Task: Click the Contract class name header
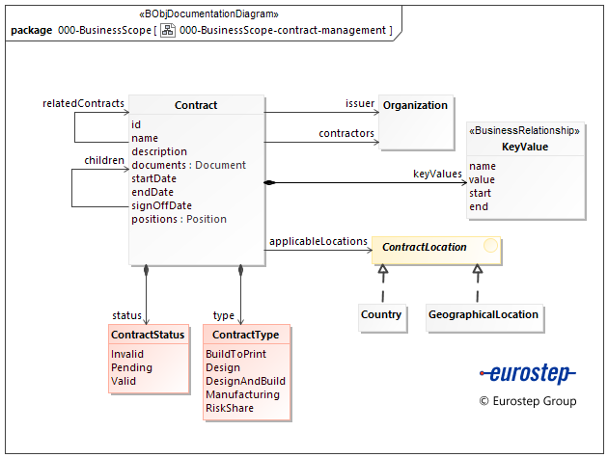tap(196, 105)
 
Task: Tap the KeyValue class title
tap(525, 147)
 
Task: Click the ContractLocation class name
tap(425, 248)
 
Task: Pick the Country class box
tap(381, 315)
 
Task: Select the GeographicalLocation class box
tap(483, 315)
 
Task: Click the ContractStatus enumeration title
tap(148, 336)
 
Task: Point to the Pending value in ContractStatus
tap(131, 367)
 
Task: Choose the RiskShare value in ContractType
tap(230, 408)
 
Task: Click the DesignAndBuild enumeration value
tap(245, 381)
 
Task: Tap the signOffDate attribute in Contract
tap(161, 205)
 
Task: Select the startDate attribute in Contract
tap(153, 178)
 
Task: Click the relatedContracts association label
tap(84, 103)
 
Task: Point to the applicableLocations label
tap(318, 241)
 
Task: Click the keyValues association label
tap(437, 175)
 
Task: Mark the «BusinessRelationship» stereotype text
tap(525, 131)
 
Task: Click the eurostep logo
tap(527, 374)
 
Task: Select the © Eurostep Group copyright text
tap(528, 401)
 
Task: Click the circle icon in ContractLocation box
tap(490, 247)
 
